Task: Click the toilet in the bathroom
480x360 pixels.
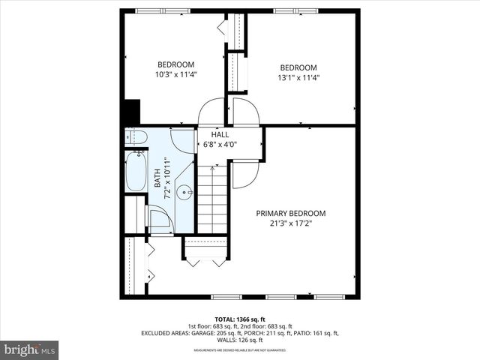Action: [135, 137]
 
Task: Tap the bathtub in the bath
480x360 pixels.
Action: [136, 172]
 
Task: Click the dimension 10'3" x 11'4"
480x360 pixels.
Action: [175, 74]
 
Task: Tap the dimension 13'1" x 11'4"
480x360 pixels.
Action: [298, 77]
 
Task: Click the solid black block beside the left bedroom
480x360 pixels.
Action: [130, 112]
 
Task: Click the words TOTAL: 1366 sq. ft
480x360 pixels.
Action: [240, 318]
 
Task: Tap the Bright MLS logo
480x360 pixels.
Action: [30, 349]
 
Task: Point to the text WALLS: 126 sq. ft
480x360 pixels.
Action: [240, 340]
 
